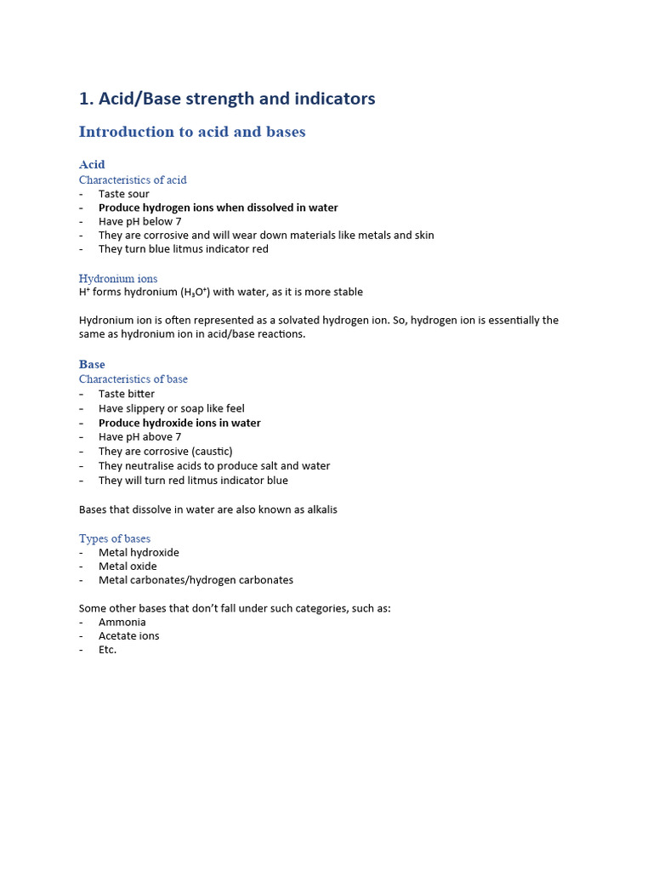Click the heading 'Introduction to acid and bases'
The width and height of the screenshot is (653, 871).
coord(192,132)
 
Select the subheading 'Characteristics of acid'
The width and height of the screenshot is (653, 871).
coord(133,179)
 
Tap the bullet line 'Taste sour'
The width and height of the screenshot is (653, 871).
coord(123,194)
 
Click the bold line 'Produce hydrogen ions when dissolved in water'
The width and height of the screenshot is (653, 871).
coord(218,208)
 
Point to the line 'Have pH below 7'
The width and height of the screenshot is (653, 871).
coord(139,221)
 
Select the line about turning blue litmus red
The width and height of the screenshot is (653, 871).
coord(183,249)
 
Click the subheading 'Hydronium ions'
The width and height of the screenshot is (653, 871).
coord(118,278)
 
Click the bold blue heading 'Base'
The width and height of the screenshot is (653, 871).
coord(92,364)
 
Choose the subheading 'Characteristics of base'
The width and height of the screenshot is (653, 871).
coord(133,379)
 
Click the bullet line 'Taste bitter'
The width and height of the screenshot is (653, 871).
coord(127,394)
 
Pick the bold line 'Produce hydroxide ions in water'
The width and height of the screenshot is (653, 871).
coord(179,423)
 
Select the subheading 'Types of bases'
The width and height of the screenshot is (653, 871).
coord(115,538)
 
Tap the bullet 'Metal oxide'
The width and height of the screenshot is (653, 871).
coord(128,566)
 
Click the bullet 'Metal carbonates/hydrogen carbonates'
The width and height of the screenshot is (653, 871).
coord(196,580)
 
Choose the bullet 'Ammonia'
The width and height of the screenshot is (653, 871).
coord(122,622)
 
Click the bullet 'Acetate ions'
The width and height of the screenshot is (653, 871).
coord(128,635)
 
